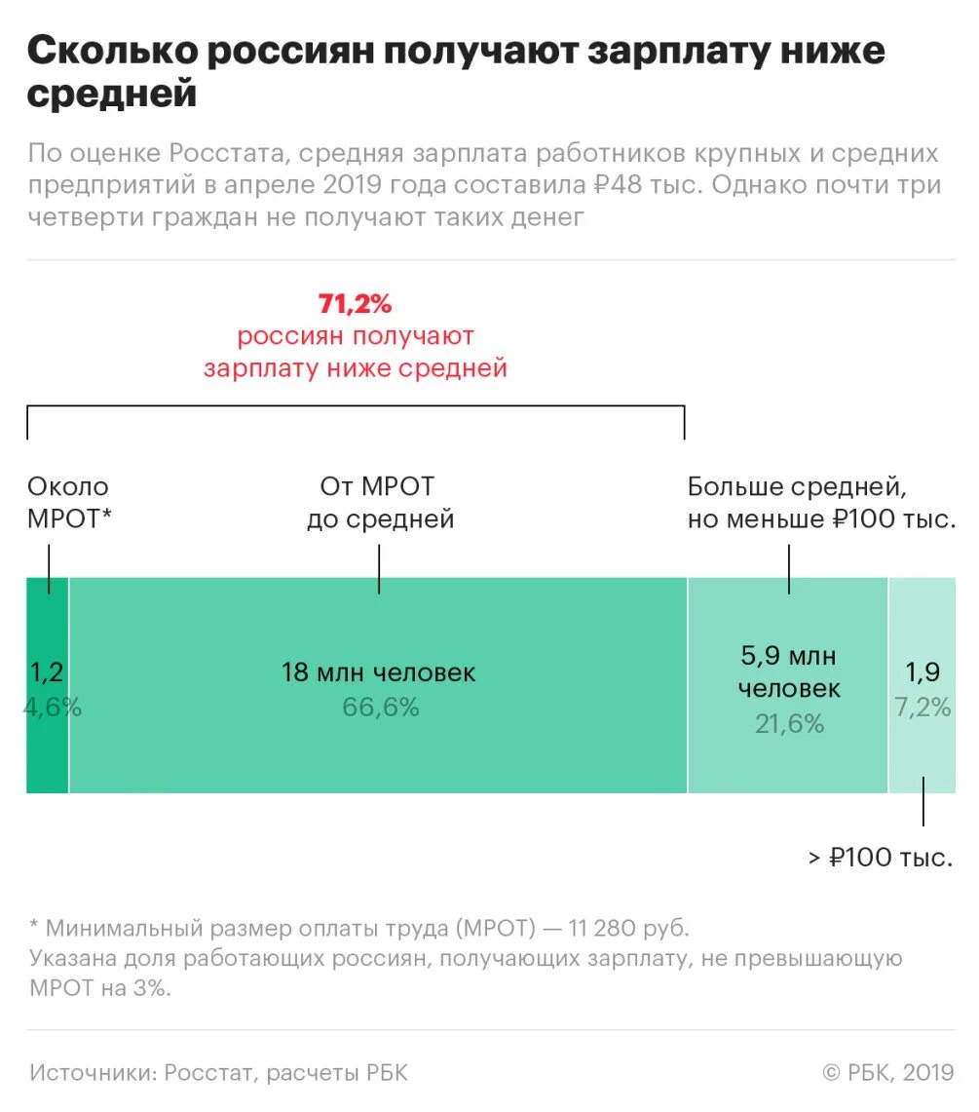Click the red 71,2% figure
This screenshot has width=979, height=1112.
355,304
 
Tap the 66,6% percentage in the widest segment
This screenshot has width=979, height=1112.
380,708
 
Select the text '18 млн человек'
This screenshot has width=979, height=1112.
379,672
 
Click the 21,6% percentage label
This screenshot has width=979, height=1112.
789,723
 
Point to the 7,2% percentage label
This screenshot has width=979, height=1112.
923,708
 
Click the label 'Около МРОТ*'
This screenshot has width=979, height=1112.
68,502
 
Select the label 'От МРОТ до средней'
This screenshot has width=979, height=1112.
380,502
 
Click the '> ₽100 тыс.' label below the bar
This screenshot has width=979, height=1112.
880,858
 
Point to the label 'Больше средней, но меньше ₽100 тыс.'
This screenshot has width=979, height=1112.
820,502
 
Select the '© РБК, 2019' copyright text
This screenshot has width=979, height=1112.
887,1073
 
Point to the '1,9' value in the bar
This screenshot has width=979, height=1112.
922,672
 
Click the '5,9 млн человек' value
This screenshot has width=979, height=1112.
789,671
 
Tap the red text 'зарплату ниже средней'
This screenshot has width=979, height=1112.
355,368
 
